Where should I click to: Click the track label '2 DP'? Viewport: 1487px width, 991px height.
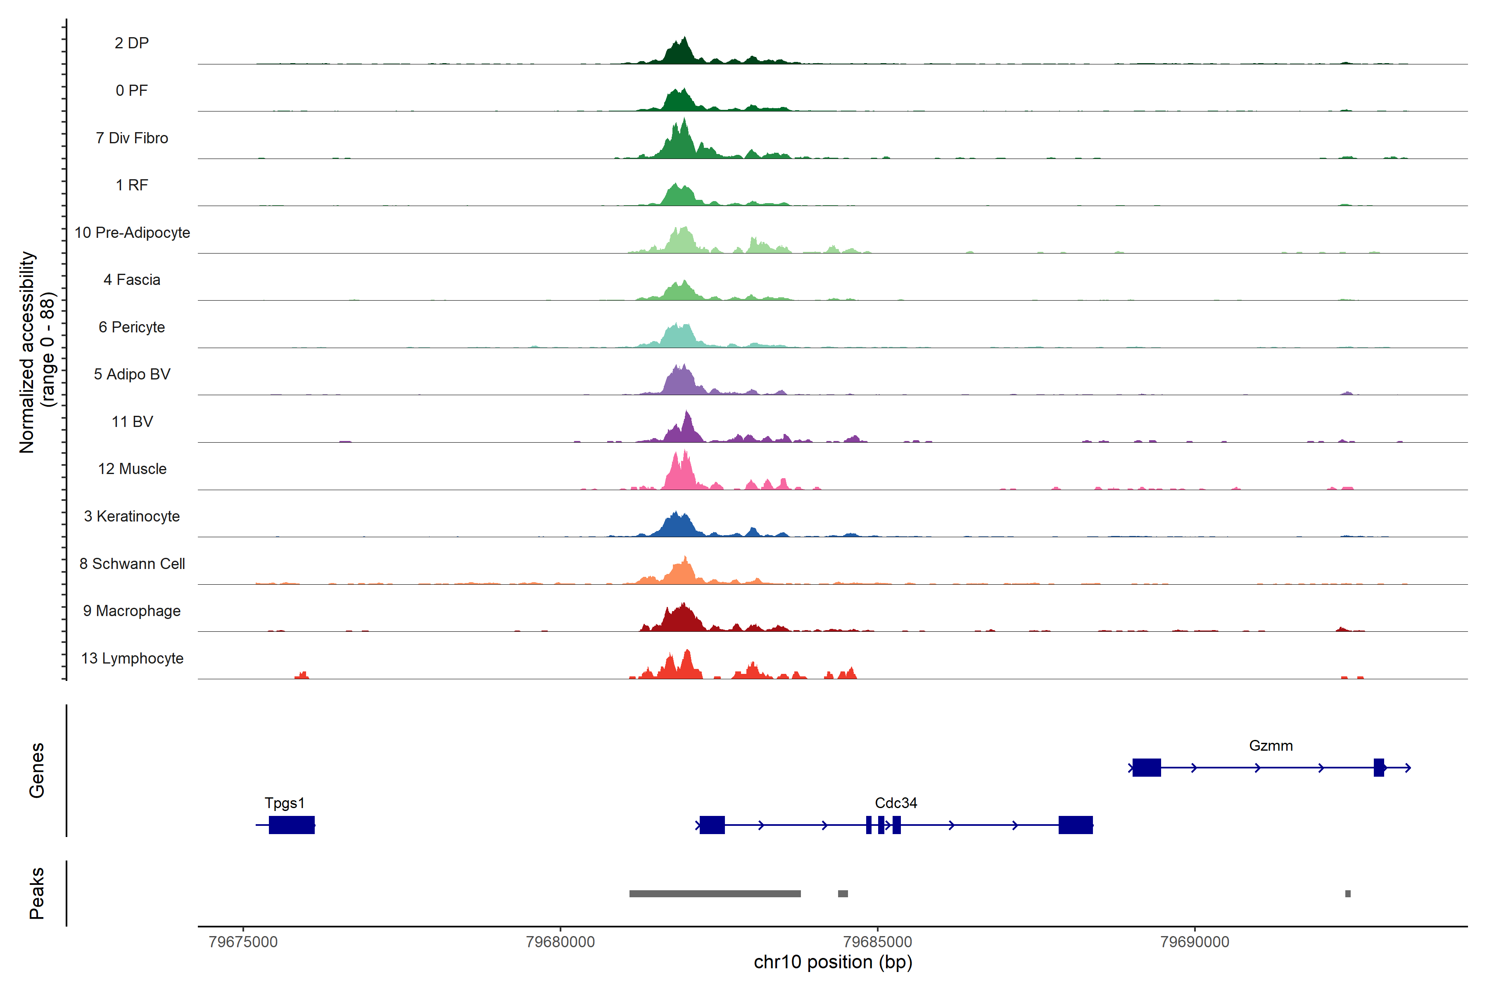[131, 43]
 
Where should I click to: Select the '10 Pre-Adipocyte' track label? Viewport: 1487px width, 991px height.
[132, 232]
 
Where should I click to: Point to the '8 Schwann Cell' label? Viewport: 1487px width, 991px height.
[132, 564]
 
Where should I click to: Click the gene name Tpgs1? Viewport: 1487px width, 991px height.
[285, 803]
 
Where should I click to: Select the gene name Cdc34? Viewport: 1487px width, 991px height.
[896, 803]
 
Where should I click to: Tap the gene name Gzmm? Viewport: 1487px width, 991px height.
[1271, 746]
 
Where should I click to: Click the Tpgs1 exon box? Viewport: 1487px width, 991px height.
[292, 825]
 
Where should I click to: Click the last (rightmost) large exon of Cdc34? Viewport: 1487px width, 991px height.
[1076, 825]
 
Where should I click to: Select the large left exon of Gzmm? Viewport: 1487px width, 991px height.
[1146, 767]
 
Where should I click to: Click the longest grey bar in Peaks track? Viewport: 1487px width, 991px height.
[715, 894]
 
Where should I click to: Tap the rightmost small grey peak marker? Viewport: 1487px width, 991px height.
[1348, 894]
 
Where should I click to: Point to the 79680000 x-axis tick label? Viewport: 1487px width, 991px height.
[560, 942]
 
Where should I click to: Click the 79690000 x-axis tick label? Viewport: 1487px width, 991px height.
[1195, 942]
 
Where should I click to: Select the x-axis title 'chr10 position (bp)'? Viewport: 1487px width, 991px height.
[833, 962]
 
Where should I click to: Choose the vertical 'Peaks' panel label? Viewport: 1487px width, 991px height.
[37, 893]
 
